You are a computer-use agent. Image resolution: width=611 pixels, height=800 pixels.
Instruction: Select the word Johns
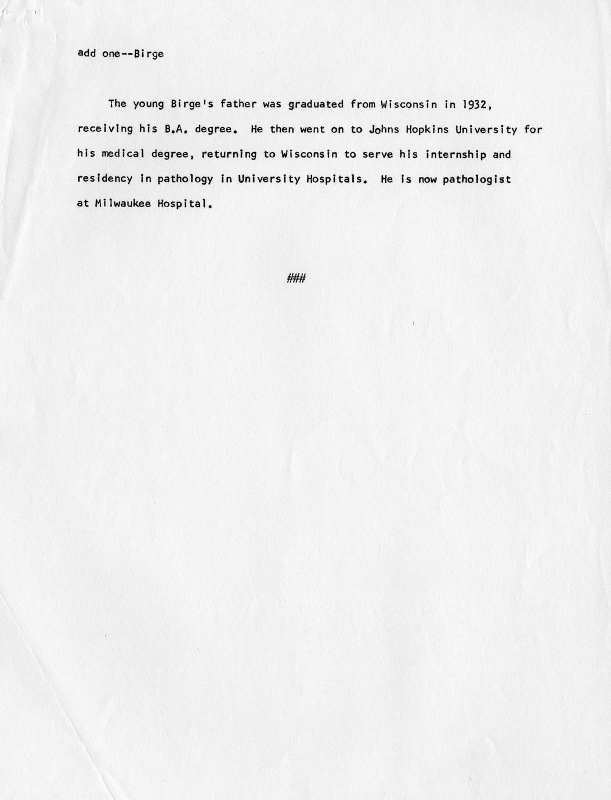(x=385, y=129)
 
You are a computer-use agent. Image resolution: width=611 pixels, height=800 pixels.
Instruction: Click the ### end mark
(x=297, y=278)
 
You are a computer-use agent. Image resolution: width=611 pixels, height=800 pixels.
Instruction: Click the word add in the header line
(x=86, y=54)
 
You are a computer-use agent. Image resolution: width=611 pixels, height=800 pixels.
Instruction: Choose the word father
(x=238, y=104)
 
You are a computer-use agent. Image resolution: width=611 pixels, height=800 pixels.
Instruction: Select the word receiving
(x=105, y=129)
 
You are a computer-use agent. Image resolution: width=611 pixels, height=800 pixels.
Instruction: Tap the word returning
(x=229, y=154)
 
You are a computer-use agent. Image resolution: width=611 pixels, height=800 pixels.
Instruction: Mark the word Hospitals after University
(x=337, y=179)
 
